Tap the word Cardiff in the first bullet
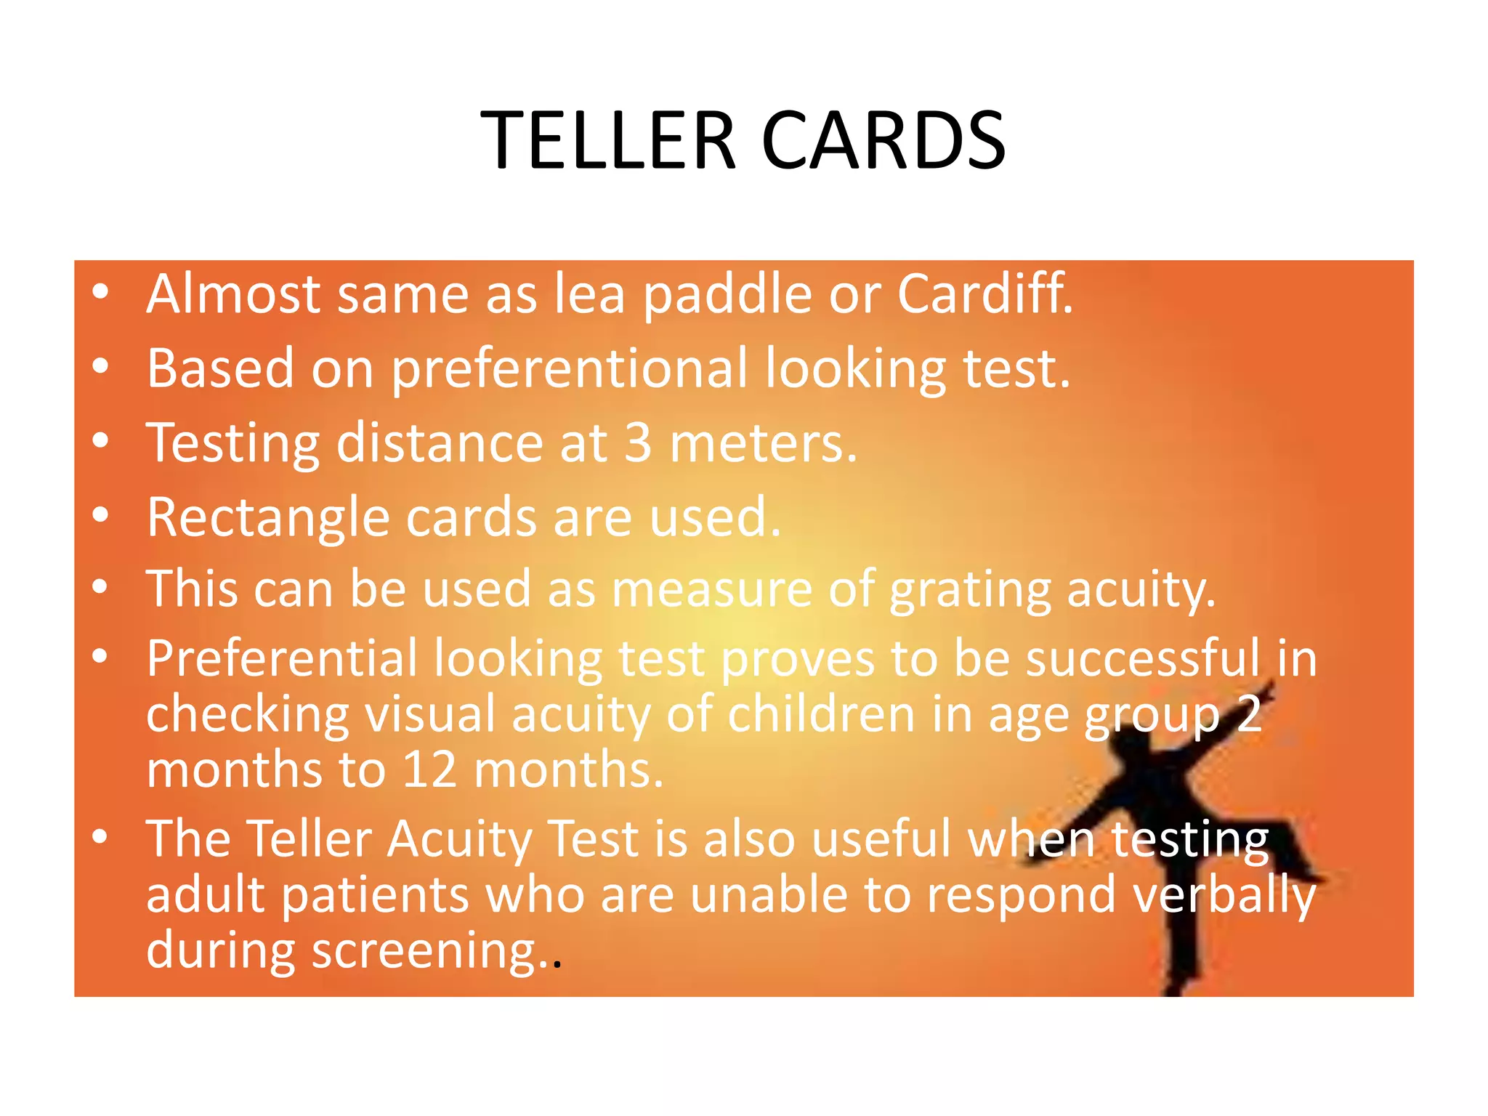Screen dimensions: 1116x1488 click(x=984, y=294)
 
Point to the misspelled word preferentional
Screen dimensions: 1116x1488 click(x=569, y=370)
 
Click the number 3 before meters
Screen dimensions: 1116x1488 click(x=638, y=442)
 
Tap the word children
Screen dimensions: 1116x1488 click(x=821, y=715)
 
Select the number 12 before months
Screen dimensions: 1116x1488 click(x=429, y=769)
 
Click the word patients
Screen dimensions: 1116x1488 click(x=375, y=895)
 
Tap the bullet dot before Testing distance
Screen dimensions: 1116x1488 click(x=100, y=440)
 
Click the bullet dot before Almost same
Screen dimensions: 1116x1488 click(x=100, y=292)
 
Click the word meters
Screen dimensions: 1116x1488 click(x=763, y=442)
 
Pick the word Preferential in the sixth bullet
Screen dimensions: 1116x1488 click(x=282, y=659)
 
